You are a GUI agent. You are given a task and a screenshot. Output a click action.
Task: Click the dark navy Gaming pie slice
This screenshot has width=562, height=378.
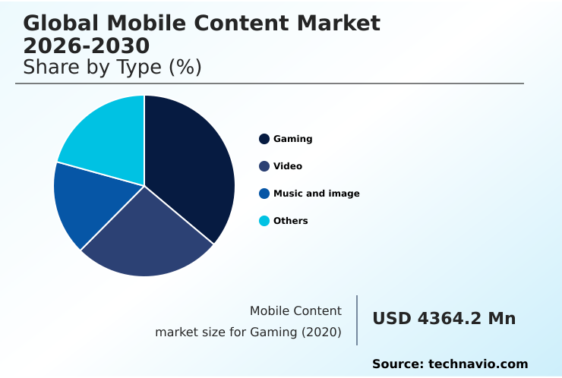190,167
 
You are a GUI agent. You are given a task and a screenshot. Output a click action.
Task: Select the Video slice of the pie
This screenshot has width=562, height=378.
148,235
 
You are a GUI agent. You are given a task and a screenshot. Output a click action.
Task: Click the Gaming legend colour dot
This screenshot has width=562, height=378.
264,139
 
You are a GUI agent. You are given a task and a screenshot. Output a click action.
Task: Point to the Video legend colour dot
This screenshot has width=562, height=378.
264,166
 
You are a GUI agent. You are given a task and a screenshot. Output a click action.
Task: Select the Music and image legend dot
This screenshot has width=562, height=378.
264,194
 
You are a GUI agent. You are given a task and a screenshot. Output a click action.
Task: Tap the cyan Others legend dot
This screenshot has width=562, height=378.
264,221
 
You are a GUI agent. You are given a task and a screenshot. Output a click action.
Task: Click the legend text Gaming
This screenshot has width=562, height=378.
292,139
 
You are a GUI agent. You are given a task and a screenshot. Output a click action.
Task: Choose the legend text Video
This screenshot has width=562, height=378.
288,166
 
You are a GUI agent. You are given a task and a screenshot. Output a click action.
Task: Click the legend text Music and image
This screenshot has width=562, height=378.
316,194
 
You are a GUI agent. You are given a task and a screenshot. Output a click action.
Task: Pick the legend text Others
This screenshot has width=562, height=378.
290,221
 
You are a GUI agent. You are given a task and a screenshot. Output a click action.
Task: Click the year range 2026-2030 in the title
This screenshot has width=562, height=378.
87,46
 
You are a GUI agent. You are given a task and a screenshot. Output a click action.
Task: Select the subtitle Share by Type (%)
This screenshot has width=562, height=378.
112,68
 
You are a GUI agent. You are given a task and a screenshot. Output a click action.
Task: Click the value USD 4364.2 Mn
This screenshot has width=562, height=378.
444,319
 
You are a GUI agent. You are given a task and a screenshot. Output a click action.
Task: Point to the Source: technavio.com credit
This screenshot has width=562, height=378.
450,364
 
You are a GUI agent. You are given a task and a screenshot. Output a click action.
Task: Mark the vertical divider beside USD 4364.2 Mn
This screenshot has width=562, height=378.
357,320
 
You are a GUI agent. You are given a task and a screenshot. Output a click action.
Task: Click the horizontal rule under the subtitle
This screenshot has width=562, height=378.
270,83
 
